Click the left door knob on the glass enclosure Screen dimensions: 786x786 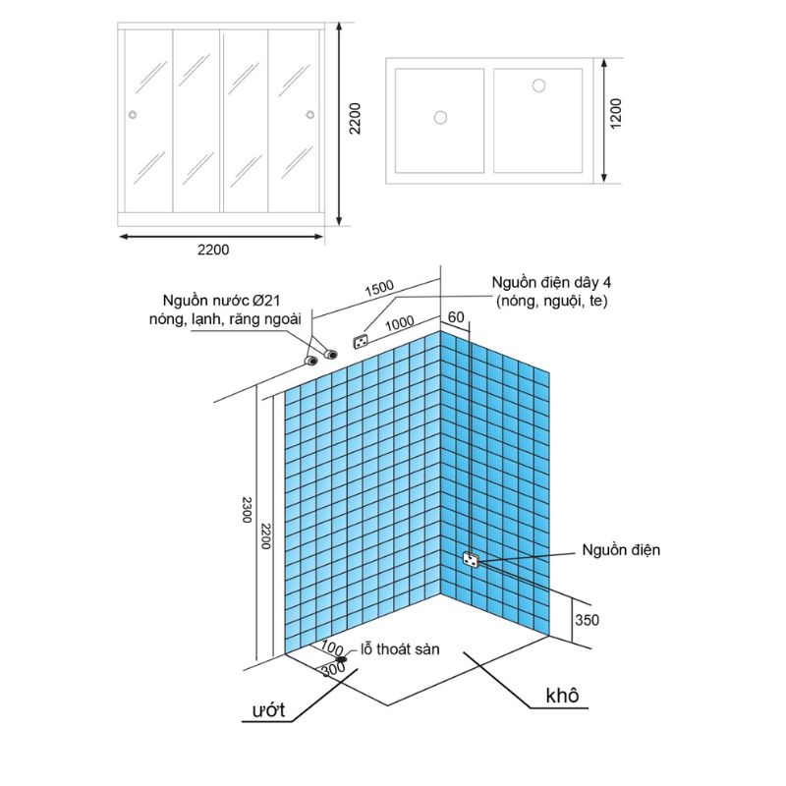pyautogui.click(x=133, y=115)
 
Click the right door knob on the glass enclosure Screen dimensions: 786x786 pyautogui.click(x=310, y=115)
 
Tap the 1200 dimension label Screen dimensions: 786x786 pyautogui.click(x=616, y=114)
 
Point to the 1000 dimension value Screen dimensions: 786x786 pyautogui.click(x=400, y=324)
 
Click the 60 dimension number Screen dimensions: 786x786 pyautogui.click(x=456, y=317)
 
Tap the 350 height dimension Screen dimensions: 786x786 pyautogui.click(x=587, y=620)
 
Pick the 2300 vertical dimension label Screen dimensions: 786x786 pyautogui.click(x=247, y=510)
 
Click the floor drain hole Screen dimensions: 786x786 pyautogui.click(x=342, y=658)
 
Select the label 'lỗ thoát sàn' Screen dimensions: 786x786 pyautogui.click(x=400, y=649)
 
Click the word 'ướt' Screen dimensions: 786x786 pyautogui.click(x=268, y=709)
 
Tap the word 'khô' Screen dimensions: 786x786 pyautogui.click(x=562, y=696)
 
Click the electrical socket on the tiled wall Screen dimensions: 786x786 pyautogui.click(x=472, y=558)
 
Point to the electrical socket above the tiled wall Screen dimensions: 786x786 pyautogui.click(x=361, y=342)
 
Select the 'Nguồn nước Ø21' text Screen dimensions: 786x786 pyautogui.click(x=222, y=301)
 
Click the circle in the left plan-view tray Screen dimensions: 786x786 pyautogui.click(x=440, y=118)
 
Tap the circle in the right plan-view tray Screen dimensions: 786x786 pyautogui.click(x=538, y=85)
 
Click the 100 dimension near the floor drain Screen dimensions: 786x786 pyautogui.click(x=332, y=646)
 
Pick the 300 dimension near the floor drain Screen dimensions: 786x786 pyautogui.click(x=334, y=669)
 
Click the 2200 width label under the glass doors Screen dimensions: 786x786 pyautogui.click(x=213, y=250)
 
